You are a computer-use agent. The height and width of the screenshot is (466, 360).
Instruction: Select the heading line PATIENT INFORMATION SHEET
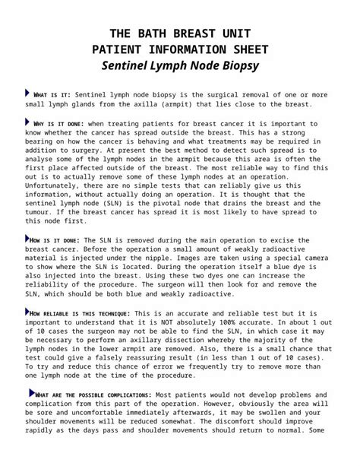coord(179,49)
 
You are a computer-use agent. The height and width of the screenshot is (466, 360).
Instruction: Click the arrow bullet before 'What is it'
coord(28,93)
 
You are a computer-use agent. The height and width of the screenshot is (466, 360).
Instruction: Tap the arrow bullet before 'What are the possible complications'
coord(31,393)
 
